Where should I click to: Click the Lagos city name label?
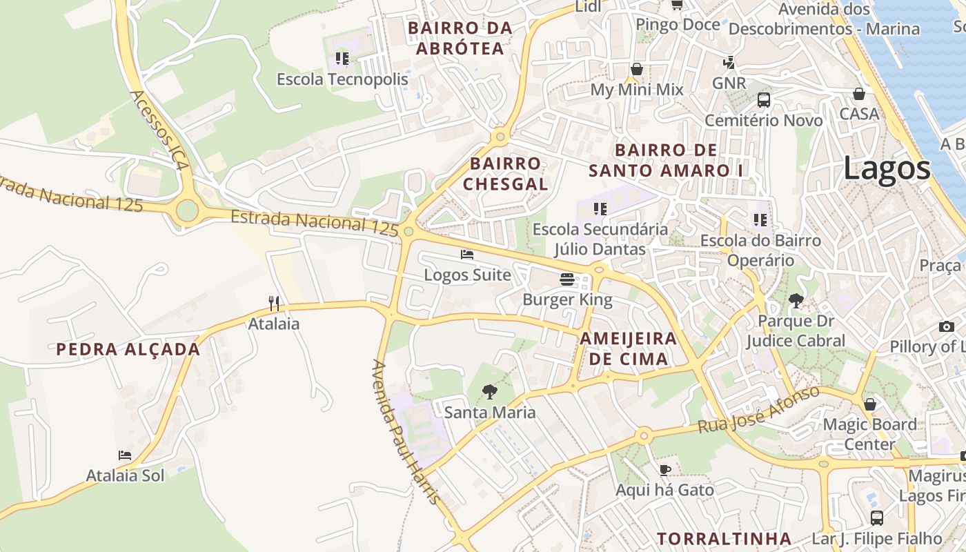[887, 168]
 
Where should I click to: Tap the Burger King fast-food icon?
[567, 279]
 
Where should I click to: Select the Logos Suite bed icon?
[467, 255]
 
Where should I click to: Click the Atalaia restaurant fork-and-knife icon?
[274, 303]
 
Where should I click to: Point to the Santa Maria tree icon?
[489, 392]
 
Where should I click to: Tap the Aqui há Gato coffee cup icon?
[665, 470]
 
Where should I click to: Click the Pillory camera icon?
[946, 326]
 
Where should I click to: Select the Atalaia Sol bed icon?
[125, 455]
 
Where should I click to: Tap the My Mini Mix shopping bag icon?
[636, 69]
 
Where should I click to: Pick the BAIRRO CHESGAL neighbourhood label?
[506, 174]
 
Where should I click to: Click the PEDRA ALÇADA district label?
[128, 349]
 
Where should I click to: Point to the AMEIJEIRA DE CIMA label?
[629, 348]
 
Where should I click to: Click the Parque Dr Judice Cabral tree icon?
[796, 300]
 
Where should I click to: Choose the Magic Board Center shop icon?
[870, 404]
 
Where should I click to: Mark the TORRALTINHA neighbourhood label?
[724, 538]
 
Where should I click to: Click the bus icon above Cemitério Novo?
[764, 99]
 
